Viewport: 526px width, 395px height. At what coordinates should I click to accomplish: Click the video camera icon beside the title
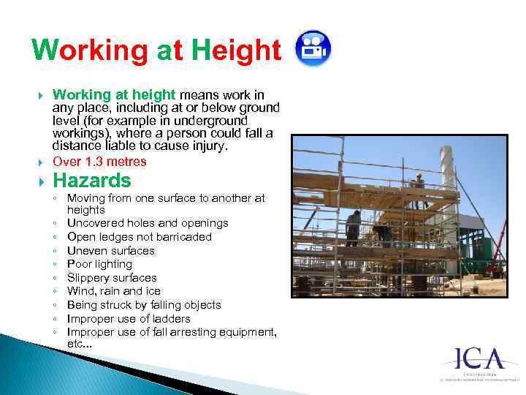point(313,48)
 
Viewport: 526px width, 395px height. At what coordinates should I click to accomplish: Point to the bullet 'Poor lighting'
point(99,264)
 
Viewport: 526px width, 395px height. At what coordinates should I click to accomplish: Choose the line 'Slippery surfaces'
point(112,278)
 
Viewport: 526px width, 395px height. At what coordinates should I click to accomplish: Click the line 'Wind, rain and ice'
point(113,291)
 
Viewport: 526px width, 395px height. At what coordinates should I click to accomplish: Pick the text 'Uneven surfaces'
point(111,251)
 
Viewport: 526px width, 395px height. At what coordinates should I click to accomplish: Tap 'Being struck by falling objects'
point(144,305)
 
